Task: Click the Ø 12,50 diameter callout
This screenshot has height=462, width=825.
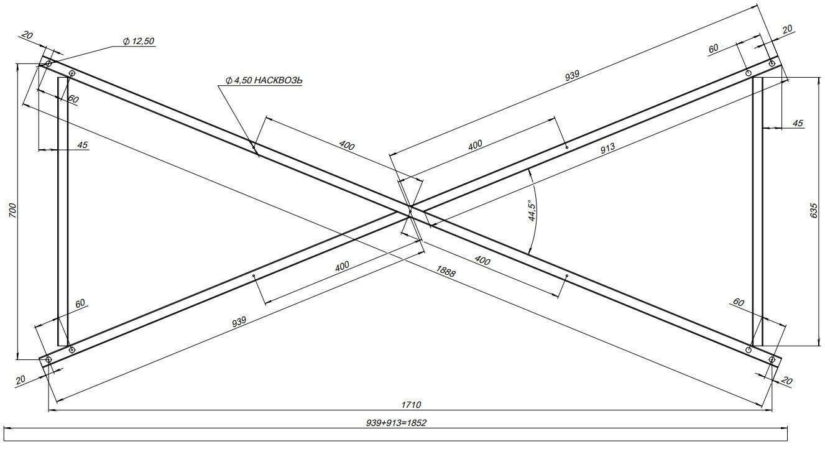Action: coord(139,42)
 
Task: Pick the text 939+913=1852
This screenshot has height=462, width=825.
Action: coord(396,422)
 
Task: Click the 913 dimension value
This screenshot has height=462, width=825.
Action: coord(607,147)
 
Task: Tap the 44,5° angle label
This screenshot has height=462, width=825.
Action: coord(532,211)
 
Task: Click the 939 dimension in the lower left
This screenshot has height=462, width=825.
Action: coord(239,321)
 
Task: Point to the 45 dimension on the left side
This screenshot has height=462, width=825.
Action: coord(83,145)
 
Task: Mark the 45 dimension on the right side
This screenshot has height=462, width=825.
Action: coord(798,124)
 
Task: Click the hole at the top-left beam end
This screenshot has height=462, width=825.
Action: coord(49,63)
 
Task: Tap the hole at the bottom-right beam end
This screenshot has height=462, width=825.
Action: coord(772,359)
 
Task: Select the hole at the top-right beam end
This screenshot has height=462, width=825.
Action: coord(772,63)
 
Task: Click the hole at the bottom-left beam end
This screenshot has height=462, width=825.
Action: coord(48,359)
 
